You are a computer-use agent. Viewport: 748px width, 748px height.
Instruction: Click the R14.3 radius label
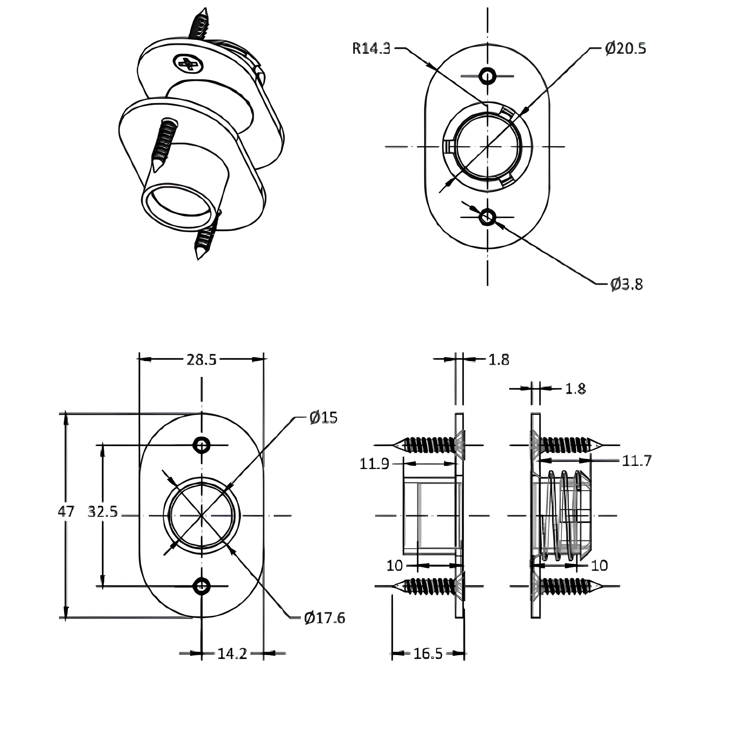click(371, 49)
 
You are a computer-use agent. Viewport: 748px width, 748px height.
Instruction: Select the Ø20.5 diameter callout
click(625, 49)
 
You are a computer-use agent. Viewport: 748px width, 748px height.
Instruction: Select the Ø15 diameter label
click(323, 417)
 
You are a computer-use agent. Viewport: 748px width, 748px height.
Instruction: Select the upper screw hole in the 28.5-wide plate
click(201, 445)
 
